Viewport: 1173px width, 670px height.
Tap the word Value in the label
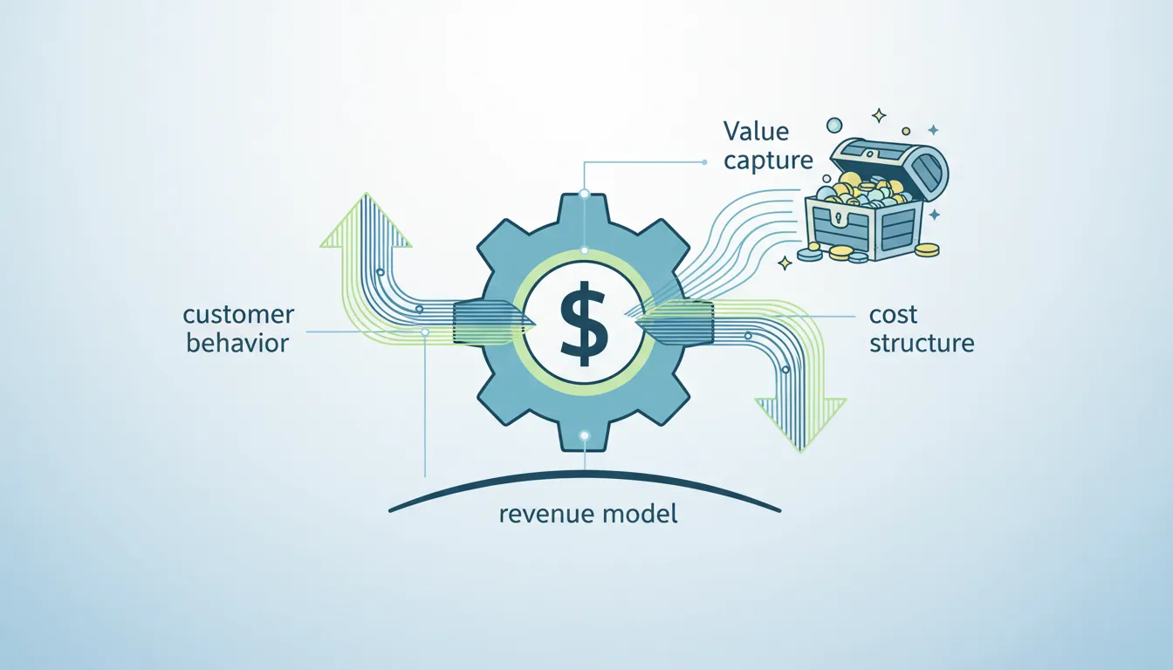coord(756,132)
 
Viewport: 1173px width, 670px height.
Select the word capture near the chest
coord(768,161)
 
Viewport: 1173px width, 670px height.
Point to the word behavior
coord(237,343)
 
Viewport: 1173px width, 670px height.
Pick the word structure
coord(922,343)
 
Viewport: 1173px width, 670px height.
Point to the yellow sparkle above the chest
coord(878,115)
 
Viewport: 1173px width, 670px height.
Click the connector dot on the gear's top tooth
coord(585,194)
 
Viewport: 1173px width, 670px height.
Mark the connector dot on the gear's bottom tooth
coord(585,435)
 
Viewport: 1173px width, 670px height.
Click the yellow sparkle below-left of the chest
coord(784,262)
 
